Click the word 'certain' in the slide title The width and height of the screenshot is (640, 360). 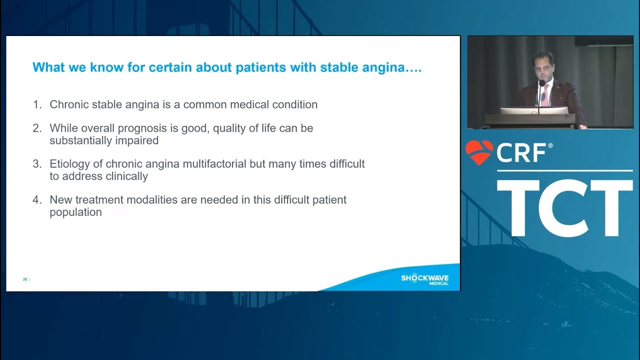pyautogui.click(x=165, y=67)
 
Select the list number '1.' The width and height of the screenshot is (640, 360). pyautogui.click(x=37, y=105)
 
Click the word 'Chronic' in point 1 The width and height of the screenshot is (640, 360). pyautogui.click(x=68, y=105)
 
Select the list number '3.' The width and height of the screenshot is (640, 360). pyautogui.click(x=37, y=164)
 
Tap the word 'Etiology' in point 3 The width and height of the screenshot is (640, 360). pyautogui.click(x=68, y=164)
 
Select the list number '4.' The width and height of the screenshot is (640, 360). pyautogui.click(x=37, y=200)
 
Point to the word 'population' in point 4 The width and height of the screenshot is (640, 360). pyautogui.click(x=75, y=212)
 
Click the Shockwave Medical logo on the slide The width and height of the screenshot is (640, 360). pyautogui.click(x=424, y=279)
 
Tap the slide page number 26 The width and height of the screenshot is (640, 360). pyautogui.click(x=25, y=279)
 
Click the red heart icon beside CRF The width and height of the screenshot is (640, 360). pyautogui.click(x=479, y=152)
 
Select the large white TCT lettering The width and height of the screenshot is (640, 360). pyautogui.click(x=564, y=208)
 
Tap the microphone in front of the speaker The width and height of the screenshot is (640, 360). pyautogui.click(x=541, y=84)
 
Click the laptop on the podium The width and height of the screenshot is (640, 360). pyautogui.click(x=534, y=110)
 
